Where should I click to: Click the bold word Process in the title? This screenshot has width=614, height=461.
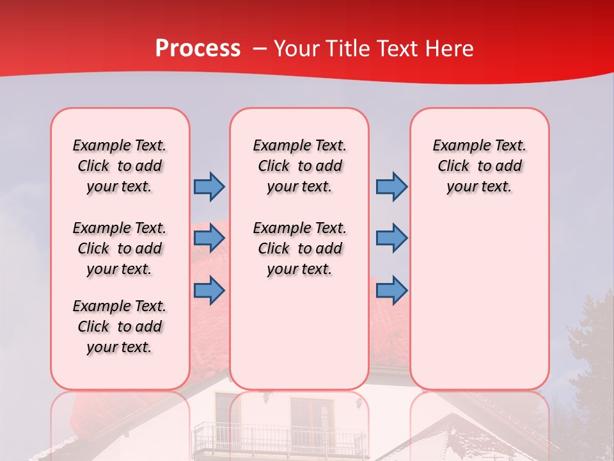(x=198, y=49)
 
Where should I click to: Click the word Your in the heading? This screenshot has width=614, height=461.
(x=297, y=49)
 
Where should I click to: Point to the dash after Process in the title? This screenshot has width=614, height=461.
(x=260, y=49)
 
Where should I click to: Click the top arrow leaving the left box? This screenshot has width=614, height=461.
(x=209, y=186)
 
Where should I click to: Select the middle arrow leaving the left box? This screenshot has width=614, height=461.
(x=209, y=238)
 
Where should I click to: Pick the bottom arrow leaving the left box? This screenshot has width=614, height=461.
(x=209, y=290)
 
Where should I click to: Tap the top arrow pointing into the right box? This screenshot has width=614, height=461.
(x=391, y=186)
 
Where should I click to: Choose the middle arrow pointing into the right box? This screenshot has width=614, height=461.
(x=391, y=238)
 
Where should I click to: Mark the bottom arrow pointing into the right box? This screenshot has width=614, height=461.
(x=391, y=290)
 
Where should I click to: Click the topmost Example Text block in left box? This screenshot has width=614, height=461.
(x=120, y=166)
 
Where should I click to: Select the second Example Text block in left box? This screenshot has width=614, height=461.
(x=120, y=248)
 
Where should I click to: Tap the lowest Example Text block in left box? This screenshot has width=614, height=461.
(x=120, y=327)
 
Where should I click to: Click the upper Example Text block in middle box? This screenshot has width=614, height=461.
(x=299, y=166)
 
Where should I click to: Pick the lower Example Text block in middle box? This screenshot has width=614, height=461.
(x=299, y=248)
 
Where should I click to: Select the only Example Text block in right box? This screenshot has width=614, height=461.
(x=479, y=166)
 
